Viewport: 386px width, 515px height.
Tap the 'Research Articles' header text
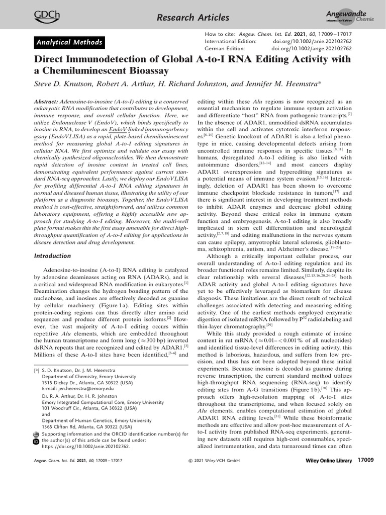[x=194, y=18]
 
